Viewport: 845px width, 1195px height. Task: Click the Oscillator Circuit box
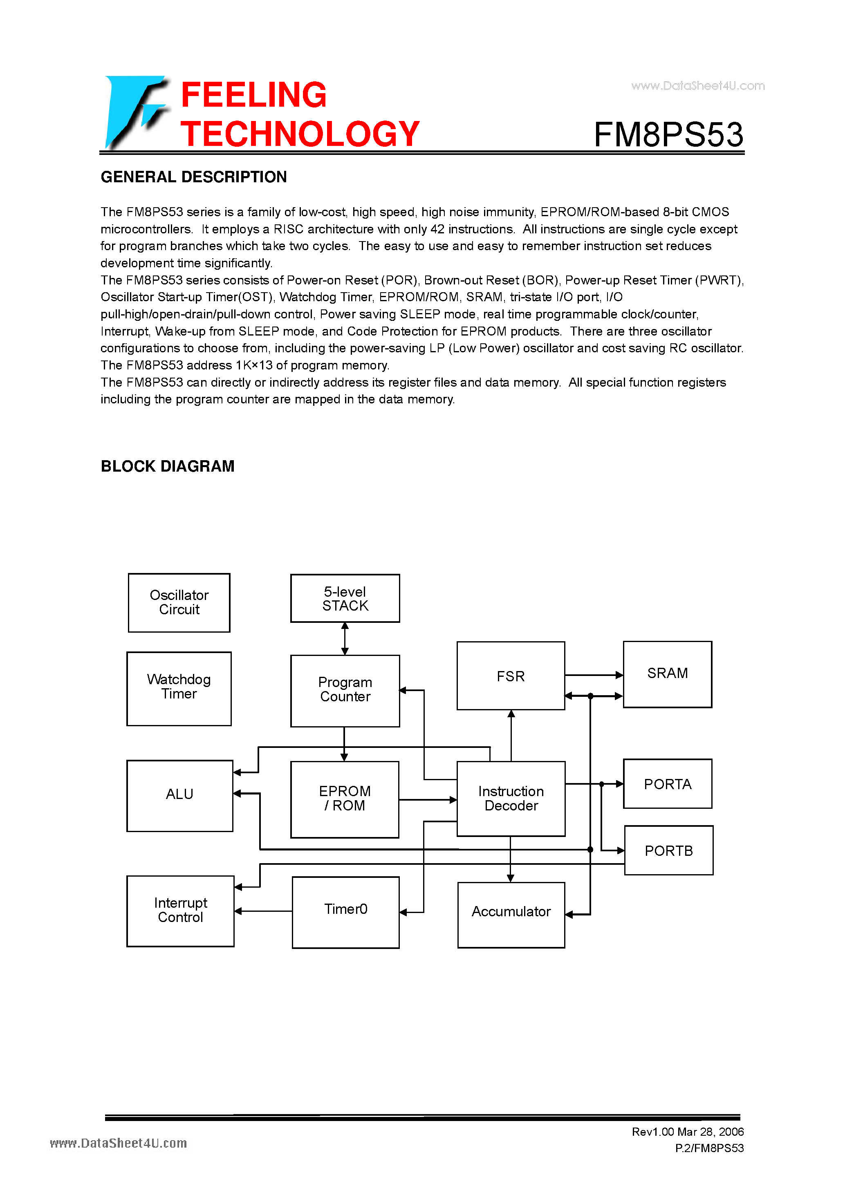179,603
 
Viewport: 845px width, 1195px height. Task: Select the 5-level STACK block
345,599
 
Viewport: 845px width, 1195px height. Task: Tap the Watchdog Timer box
179,688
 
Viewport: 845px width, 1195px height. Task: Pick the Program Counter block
345,691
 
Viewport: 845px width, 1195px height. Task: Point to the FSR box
510,676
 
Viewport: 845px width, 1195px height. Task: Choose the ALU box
179,795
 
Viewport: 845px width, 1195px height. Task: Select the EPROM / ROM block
345,799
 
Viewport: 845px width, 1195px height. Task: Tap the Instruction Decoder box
511,799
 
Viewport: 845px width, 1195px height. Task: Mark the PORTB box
668,850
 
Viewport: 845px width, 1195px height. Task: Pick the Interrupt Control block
180,911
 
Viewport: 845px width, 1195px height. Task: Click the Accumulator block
511,915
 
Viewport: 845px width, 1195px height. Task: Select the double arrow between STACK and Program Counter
345,639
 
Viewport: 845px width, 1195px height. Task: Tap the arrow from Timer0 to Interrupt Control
263,911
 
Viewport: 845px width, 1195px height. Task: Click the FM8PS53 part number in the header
668,134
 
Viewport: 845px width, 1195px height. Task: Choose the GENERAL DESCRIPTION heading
194,177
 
